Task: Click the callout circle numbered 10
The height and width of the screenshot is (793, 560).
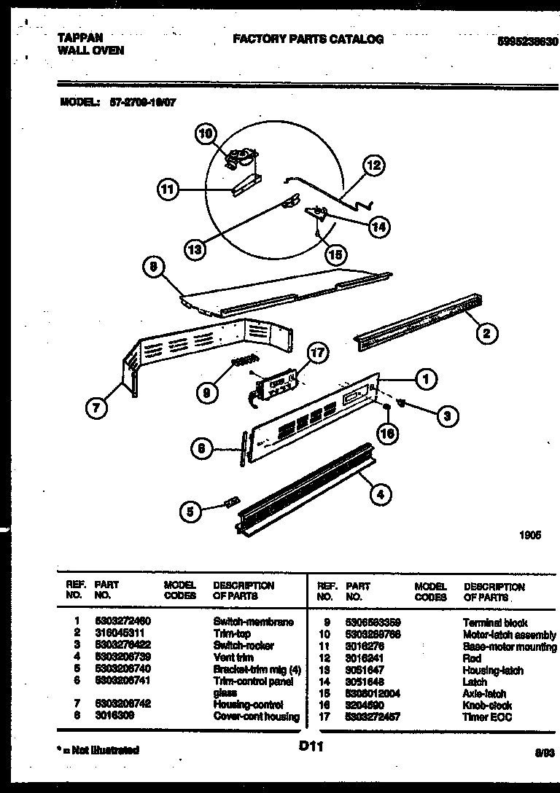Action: pos(206,133)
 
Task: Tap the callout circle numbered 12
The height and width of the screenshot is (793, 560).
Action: pos(373,165)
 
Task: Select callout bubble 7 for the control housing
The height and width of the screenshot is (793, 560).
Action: pos(96,409)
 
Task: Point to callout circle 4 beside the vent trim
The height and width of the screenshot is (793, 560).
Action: pos(378,495)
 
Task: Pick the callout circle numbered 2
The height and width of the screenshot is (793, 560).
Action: pos(487,334)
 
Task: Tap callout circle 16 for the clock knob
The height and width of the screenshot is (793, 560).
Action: pos(389,433)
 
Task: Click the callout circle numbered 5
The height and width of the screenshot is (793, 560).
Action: pos(190,512)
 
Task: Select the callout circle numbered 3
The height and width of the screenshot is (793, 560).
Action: pos(447,415)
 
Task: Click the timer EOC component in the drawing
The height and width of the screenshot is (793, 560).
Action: pos(275,382)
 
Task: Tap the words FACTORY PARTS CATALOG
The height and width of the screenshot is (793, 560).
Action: pos(308,39)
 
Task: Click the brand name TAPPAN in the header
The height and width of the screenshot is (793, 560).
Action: pos(79,38)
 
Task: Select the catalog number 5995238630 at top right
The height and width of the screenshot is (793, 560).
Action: pos(527,42)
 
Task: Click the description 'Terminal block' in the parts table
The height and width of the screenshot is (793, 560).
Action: pos(494,623)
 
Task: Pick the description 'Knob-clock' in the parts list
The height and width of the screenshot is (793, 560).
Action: pos(487,706)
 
